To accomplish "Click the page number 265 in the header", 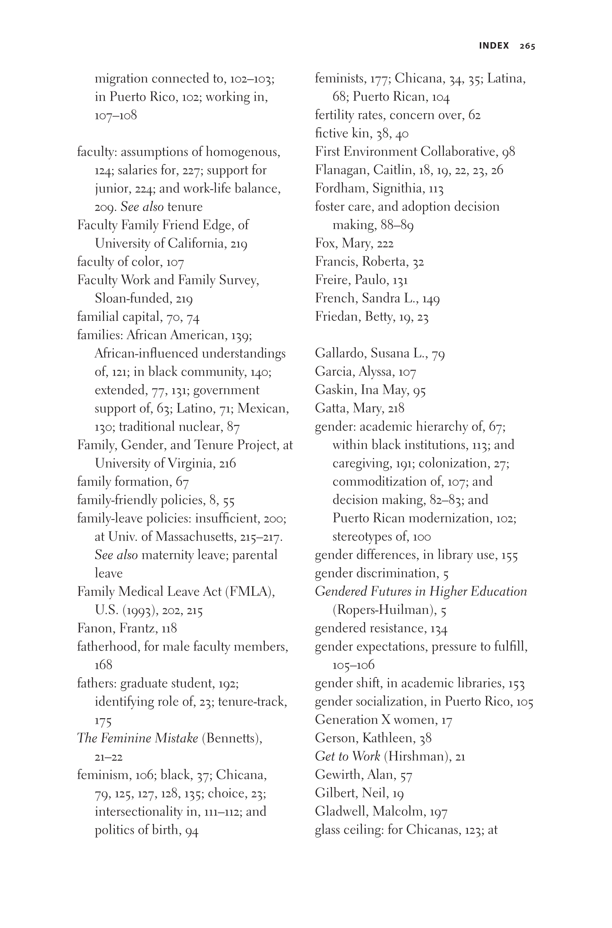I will click(527, 46).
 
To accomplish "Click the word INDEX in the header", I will click(494, 46).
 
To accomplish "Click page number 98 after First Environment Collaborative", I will click(508, 152).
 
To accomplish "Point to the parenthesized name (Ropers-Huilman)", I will click(385, 610).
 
